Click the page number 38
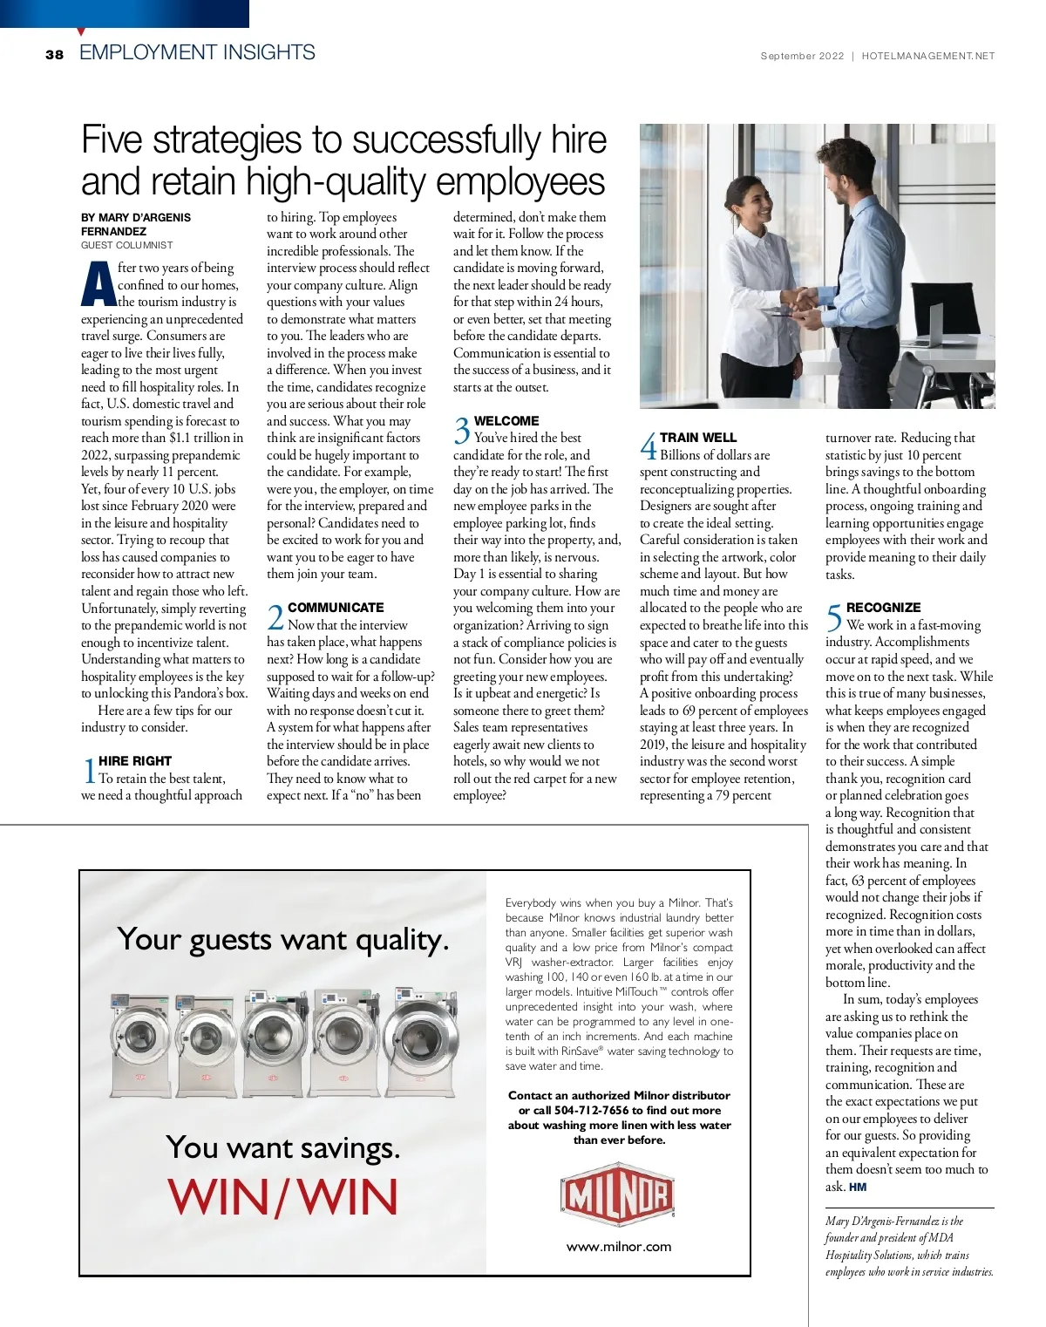coord(54,54)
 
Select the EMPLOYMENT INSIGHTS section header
coord(197,52)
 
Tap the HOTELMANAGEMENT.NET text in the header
coord(927,56)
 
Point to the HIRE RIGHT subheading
coord(135,761)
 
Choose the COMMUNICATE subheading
coord(336,608)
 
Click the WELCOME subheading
coord(506,421)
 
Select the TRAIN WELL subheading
coord(698,438)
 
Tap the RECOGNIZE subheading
coord(883,608)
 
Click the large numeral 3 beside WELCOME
coord(461,430)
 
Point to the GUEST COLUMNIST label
coord(127,246)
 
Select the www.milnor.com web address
coord(619,1247)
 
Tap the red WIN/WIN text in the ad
coord(283,1197)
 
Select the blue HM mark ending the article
coord(858,1187)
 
